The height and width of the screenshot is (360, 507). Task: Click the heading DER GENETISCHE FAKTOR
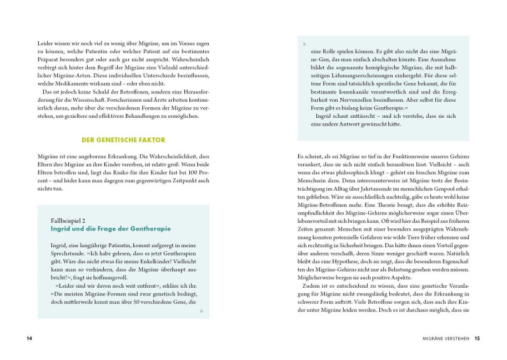tap(123, 140)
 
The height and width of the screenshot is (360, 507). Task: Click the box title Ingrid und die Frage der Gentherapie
tap(111, 229)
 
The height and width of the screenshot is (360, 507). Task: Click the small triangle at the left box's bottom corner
tap(202, 311)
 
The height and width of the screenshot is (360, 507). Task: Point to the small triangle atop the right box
tap(304, 43)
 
